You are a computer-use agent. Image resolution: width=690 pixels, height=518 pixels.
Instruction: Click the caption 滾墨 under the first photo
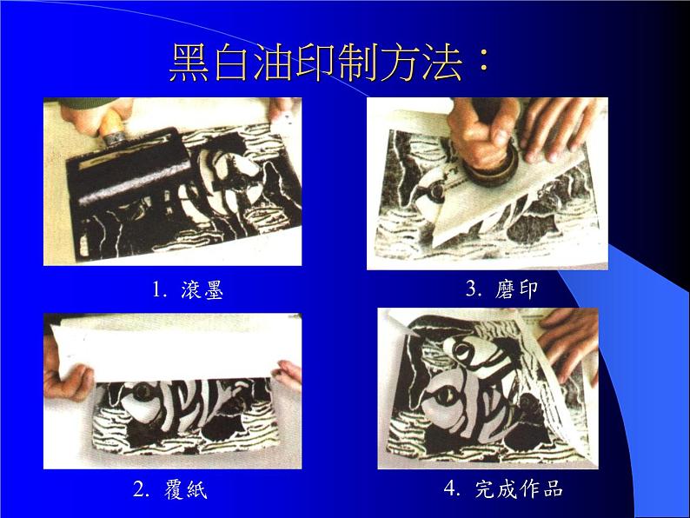point(202,289)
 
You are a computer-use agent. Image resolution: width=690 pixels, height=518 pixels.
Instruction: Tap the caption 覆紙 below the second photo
point(186,489)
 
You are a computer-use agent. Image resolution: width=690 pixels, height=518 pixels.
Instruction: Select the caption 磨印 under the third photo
point(516,289)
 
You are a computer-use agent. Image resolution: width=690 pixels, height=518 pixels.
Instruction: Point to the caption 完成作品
point(519,488)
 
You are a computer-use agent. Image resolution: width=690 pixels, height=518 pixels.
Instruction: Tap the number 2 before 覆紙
point(140,489)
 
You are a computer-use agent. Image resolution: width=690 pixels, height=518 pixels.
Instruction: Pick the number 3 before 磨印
point(473,289)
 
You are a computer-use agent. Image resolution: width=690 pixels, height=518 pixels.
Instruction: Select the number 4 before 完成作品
point(451,488)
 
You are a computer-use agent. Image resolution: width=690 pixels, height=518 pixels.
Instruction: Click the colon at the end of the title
point(483,63)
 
